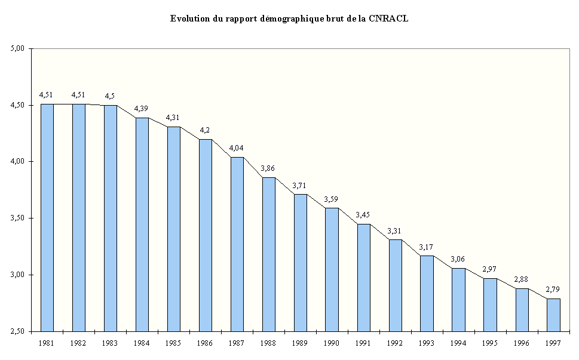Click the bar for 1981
click(47, 217)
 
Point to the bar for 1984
click(142, 224)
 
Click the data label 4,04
click(236, 147)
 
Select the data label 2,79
click(553, 289)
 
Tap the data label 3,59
click(332, 198)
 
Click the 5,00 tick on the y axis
click(18, 48)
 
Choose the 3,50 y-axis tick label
click(18, 219)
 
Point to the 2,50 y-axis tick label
click(18, 331)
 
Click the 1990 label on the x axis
click(332, 343)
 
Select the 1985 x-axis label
click(173, 343)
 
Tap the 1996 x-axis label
click(521, 343)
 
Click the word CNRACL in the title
click(388, 19)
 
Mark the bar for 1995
click(490, 304)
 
